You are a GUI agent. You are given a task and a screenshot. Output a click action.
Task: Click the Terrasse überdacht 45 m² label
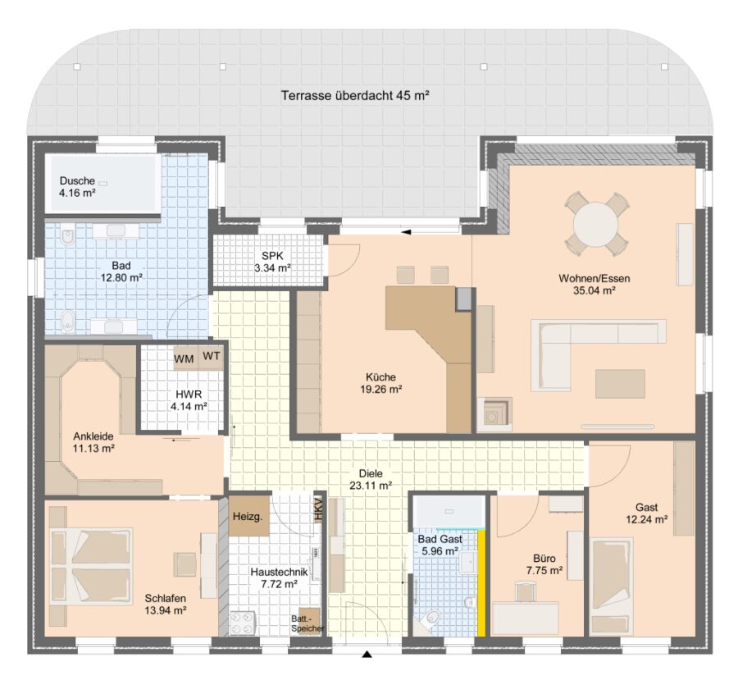tap(355, 96)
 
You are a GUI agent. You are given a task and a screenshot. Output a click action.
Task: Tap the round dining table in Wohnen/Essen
tap(596, 224)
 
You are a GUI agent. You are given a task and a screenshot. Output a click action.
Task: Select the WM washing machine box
tap(184, 358)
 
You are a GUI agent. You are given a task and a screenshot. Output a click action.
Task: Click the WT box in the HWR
tap(212, 356)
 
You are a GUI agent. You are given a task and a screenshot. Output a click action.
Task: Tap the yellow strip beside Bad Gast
tap(481, 583)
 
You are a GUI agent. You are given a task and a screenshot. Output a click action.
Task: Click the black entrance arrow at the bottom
tap(367, 654)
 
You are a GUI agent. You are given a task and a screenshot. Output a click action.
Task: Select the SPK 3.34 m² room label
tap(272, 262)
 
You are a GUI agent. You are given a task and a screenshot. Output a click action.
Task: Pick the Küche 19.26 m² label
tap(380, 383)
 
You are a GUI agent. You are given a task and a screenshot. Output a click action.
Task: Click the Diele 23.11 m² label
tap(371, 479)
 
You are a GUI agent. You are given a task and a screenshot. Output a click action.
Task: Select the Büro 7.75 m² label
tap(544, 564)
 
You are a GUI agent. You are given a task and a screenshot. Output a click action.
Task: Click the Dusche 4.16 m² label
tap(77, 186)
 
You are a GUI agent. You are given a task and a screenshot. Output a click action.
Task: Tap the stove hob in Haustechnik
tap(243, 623)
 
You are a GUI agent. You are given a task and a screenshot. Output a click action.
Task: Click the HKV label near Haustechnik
tap(319, 509)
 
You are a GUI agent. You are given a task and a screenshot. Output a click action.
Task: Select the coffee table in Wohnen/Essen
tap(620, 384)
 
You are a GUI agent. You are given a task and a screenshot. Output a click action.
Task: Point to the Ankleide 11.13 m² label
tap(93, 442)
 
